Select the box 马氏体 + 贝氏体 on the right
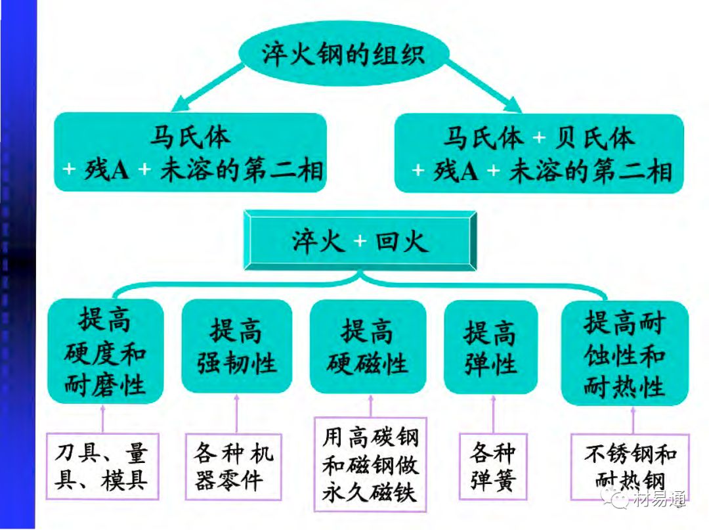click(x=539, y=154)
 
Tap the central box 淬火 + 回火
click(x=360, y=241)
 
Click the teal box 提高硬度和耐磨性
click(x=105, y=352)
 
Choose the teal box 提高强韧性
click(x=236, y=346)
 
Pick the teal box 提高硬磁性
click(x=368, y=346)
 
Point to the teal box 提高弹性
click(x=490, y=347)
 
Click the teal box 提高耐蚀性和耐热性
click(x=624, y=353)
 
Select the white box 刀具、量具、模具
click(x=102, y=466)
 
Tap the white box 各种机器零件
click(x=233, y=466)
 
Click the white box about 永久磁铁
click(x=370, y=464)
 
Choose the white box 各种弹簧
click(x=493, y=466)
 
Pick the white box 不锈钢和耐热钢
click(x=630, y=466)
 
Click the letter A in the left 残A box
click(x=120, y=171)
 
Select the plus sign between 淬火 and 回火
click(x=359, y=242)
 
